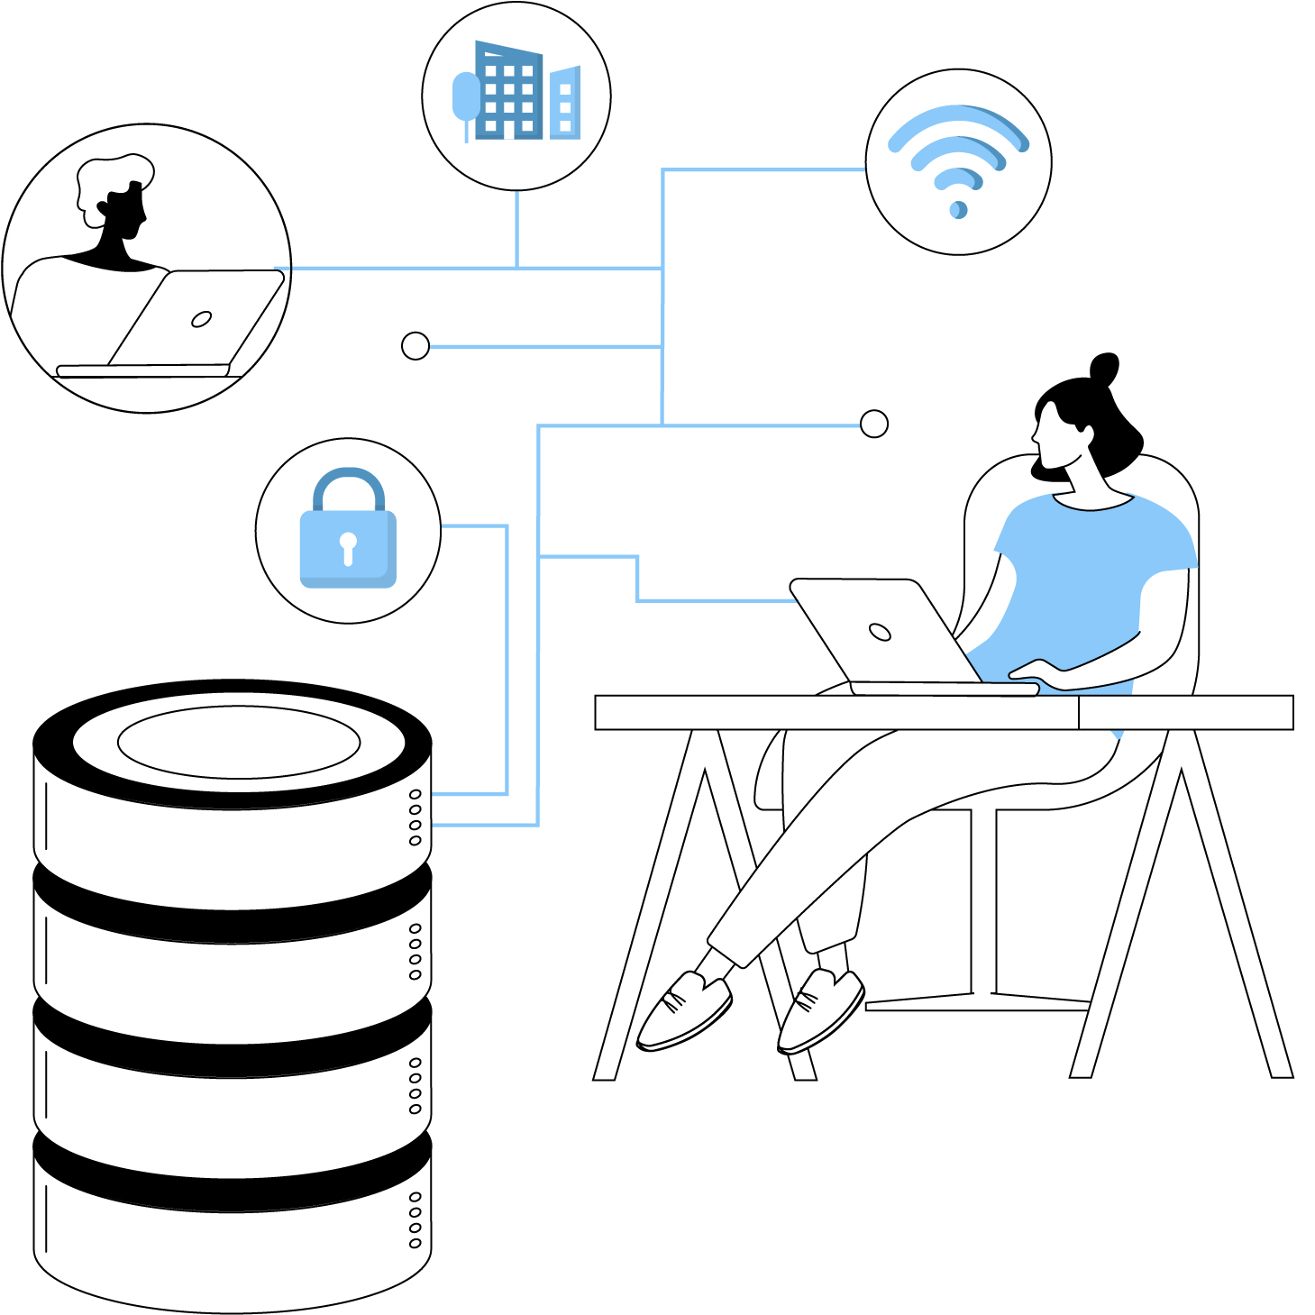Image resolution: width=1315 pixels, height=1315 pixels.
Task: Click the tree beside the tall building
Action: tap(465, 95)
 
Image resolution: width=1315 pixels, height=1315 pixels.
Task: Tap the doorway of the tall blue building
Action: tap(509, 130)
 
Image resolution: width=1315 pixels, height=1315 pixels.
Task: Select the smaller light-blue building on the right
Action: tap(565, 103)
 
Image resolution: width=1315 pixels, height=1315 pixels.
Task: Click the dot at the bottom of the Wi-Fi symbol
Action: tap(958, 210)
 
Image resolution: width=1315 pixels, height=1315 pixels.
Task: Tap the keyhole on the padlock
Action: tap(348, 546)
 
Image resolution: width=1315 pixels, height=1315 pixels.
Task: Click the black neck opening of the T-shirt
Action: tap(1092, 500)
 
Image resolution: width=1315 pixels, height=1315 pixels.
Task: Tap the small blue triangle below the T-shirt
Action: tap(1118, 735)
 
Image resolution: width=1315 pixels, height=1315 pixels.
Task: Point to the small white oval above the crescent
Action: tap(202, 319)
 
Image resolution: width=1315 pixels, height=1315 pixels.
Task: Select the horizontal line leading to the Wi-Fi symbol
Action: tap(766, 169)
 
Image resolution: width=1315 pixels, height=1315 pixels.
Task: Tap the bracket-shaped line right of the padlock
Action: tap(507, 658)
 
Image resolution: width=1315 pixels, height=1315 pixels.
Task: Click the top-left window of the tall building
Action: tap(491, 71)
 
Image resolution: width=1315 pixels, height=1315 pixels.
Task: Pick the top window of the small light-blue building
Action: tap(565, 89)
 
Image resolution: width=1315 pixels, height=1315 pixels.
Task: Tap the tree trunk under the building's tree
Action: tap(466, 132)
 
